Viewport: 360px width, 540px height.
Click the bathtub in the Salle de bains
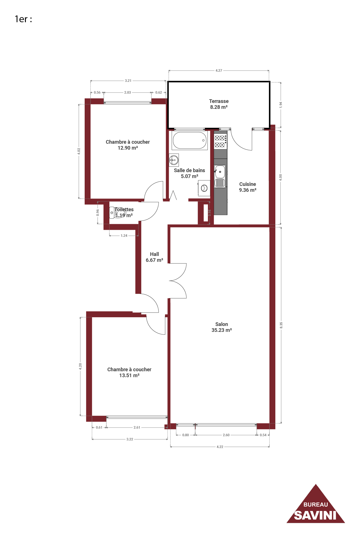tap(190, 140)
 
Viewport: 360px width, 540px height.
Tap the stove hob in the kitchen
tap(220, 141)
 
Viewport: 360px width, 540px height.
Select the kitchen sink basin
tap(220, 172)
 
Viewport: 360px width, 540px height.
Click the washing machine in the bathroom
tap(204, 188)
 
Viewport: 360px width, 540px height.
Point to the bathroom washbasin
tap(174, 160)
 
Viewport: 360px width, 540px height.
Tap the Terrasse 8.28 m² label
tap(219, 104)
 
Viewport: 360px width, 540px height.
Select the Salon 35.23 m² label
tap(222, 327)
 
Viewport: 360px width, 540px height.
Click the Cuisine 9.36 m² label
tap(248, 187)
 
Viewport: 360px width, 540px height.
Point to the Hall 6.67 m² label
tap(154, 257)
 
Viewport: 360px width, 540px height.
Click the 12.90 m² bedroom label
tap(128, 145)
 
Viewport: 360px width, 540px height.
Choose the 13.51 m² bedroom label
tap(129, 372)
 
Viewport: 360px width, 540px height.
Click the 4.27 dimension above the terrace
tap(219, 70)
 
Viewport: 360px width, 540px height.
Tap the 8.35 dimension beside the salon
tap(281, 325)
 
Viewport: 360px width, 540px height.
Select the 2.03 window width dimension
tap(128, 92)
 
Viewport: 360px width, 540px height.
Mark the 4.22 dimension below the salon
tap(220, 447)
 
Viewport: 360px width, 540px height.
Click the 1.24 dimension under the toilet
tap(124, 236)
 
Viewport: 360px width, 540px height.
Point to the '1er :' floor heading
tap(23, 19)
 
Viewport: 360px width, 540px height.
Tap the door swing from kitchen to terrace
tap(241, 139)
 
